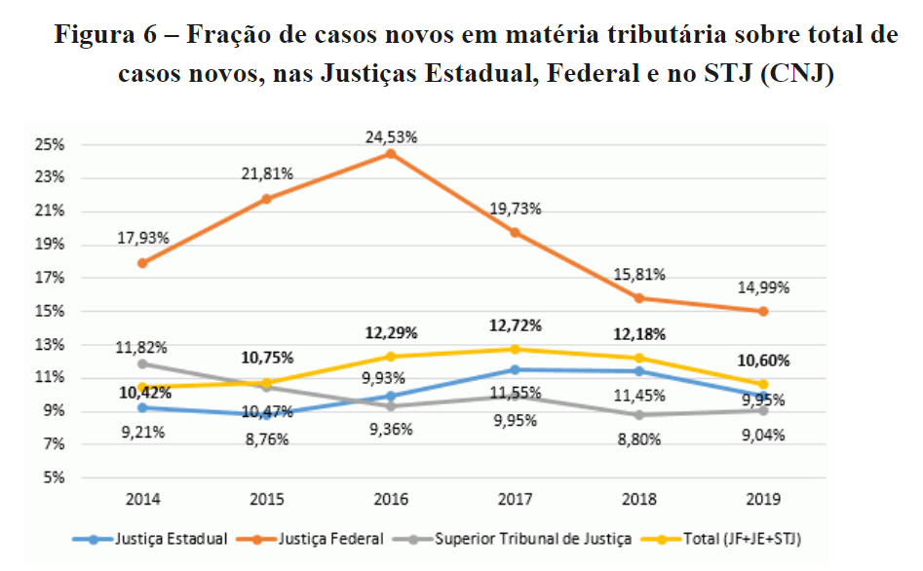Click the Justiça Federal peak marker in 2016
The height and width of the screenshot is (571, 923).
390,154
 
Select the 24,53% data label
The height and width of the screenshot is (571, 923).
390,137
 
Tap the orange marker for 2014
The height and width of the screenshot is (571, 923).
143,263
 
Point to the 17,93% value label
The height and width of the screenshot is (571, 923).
143,238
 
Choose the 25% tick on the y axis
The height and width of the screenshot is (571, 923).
51,144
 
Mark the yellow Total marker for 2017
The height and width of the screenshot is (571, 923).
514,349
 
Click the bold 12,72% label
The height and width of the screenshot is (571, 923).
514,325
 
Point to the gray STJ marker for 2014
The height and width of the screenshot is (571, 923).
143,363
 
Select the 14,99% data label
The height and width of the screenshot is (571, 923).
763,288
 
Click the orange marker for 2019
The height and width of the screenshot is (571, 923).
763,312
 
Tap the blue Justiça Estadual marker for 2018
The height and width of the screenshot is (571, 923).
639,371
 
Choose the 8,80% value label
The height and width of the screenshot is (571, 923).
639,438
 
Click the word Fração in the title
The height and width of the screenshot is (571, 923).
225,36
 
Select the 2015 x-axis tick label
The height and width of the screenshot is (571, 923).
266,499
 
